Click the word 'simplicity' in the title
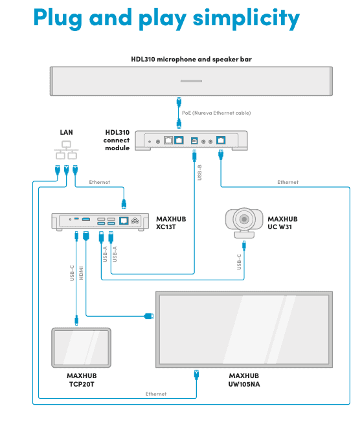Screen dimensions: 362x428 click(x=246, y=19)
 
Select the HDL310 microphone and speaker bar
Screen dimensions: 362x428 click(x=191, y=81)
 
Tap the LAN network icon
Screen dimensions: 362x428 click(x=66, y=150)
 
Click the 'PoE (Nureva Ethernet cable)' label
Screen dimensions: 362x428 click(x=216, y=113)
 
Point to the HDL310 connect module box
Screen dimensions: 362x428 click(x=191, y=141)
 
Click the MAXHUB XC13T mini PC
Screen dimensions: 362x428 click(x=100, y=221)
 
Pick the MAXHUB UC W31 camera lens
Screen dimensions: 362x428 click(x=244, y=219)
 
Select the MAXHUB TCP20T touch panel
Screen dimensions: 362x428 click(x=82, y=348)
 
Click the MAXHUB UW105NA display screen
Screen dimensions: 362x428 click(x=244, y=330)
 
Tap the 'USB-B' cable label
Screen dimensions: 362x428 click(x=199, y=172)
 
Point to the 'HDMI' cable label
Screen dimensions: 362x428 click(x=81, y=273)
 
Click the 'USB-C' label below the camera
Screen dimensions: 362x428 click(x=239, y=262)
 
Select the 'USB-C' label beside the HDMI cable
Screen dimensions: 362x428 click(x=72, y=273)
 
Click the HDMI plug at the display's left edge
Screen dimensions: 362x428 click(x=149, y=316)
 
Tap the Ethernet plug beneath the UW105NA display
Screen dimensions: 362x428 click(x=196, y=375)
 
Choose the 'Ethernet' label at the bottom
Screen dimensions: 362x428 click(x=156, y=394)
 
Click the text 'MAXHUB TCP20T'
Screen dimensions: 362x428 click(x=82, y=380)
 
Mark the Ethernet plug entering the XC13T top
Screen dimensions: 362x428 click(x=124, y=204)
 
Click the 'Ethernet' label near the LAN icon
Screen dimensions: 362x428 click(x=99, y=182)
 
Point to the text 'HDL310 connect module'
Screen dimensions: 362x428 click(x=117, y=141)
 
